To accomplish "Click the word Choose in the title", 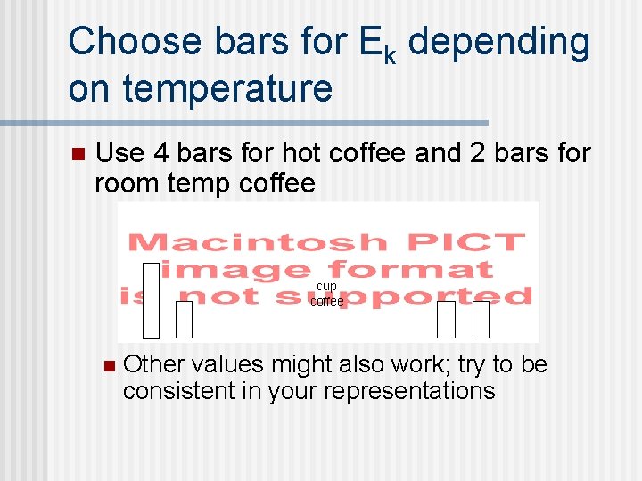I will pos(133,43).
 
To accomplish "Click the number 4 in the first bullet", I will pos(160,153).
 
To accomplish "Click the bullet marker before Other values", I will pos(109,365).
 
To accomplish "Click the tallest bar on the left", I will pos(151,300).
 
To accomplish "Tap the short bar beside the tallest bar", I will pos(184,320).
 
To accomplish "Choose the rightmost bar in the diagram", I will pos(481,320).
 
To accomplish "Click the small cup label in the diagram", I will pos(327,286).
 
